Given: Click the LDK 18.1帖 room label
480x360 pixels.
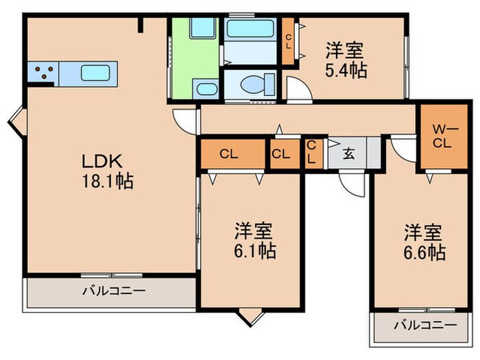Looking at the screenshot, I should click(103, 171).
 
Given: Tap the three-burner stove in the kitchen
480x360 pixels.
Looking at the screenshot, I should click(43, 72).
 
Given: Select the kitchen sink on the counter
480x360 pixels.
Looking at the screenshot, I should click(96, 72).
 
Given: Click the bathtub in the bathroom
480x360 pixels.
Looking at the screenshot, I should click(250, 29).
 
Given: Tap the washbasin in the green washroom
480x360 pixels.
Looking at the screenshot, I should click(205, 88).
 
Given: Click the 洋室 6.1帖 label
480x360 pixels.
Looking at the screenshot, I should click(252, 241).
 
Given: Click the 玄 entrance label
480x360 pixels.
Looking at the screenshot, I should click(349, 154).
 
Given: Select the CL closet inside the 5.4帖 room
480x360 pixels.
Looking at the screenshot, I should click(289, 41).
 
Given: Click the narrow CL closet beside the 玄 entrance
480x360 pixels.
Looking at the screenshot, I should click(311, 153).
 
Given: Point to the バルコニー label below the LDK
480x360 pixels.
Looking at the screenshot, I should click(114, 291).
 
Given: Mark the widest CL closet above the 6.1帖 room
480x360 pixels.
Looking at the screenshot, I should click(230, 154).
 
